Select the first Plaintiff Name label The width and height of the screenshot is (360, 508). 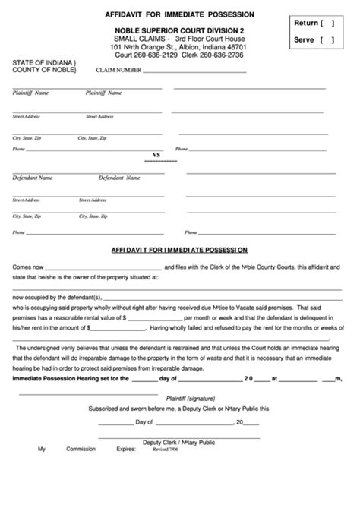tap(30, 93)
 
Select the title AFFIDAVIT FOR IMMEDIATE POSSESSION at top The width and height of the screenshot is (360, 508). tap(179, 14)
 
